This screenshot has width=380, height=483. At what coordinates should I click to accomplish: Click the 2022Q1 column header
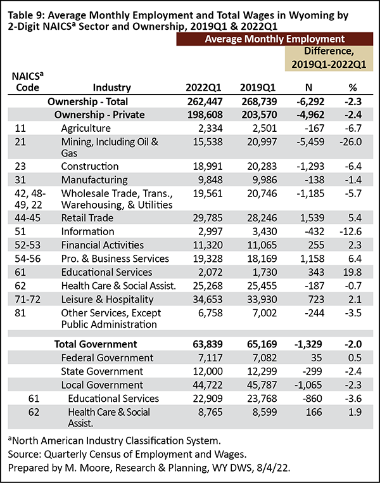click(x=203, y=87)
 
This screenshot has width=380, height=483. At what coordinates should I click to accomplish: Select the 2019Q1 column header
click(x=258, y=87)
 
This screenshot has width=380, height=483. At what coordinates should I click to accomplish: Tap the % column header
click(x=353, y=87)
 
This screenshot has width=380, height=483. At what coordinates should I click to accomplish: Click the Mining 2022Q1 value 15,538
click(x=208, y=142)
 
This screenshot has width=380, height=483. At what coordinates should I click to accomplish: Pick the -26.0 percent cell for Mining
click(x=350, y=142)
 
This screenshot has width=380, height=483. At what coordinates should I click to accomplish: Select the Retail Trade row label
click(x=87, y=218)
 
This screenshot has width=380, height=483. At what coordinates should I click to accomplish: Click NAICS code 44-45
click(x=27, y=218)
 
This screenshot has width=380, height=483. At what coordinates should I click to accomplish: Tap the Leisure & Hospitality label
click(x=108, y=299)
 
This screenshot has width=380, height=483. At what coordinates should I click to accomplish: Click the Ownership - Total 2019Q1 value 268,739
click(x=259, y=101)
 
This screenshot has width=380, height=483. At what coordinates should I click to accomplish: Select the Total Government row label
click(x=96, y=344)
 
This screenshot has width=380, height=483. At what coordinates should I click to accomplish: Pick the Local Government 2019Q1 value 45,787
click(x=262, y=385)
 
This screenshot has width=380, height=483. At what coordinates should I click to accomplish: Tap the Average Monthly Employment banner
click(x=275, y=39)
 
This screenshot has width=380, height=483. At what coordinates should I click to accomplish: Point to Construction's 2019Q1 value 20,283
click(x=262, y=166)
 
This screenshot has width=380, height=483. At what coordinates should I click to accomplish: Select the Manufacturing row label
click(x=94, y=179)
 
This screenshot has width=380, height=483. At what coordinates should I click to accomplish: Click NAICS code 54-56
click(x=27, y=259)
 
